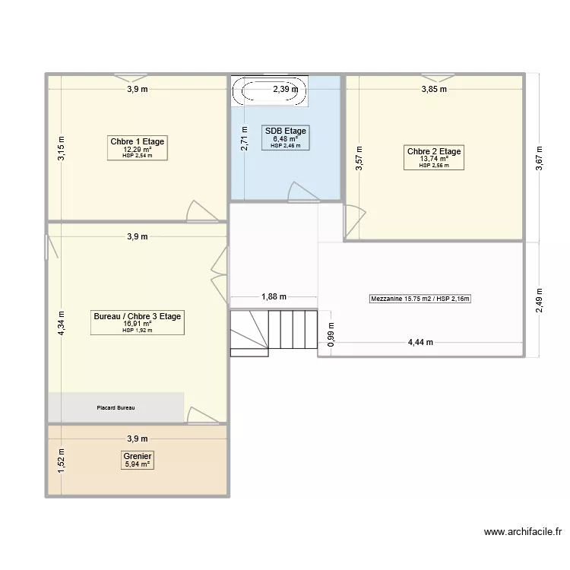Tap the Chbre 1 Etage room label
tap(138, 141)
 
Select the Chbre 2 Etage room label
tap(434, 151)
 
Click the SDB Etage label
tap(286, 131)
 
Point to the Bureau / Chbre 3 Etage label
tap(137, 316)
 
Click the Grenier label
tap(138, 456)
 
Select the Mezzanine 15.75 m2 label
tap(420, 299)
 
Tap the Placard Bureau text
tap(116, 408)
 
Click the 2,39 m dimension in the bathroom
tap(286, 90)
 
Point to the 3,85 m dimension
tap(434, 90)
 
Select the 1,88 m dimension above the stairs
tap(273, 297)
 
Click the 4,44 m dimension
tap(420, 342)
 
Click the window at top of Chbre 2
tap(434, 77)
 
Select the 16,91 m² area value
tap(137, 324)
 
